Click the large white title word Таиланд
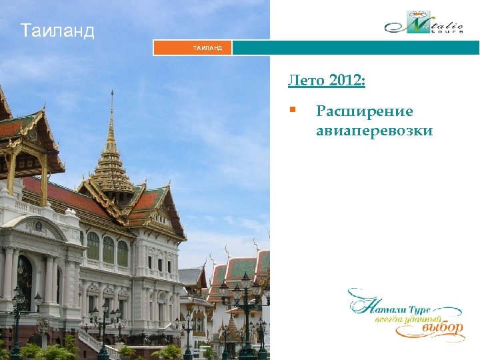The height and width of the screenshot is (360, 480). point(57,31)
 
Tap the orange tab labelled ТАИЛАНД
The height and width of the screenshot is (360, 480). point(193,48)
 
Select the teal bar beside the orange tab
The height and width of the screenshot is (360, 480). point(355,48)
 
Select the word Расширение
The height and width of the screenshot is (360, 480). point(364,111)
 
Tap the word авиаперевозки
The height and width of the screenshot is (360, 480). point(374,131)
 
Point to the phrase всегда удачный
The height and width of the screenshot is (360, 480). point(397,320)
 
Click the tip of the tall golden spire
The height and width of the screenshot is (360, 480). point(112,94)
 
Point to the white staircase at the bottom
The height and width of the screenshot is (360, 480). point(100,344)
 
